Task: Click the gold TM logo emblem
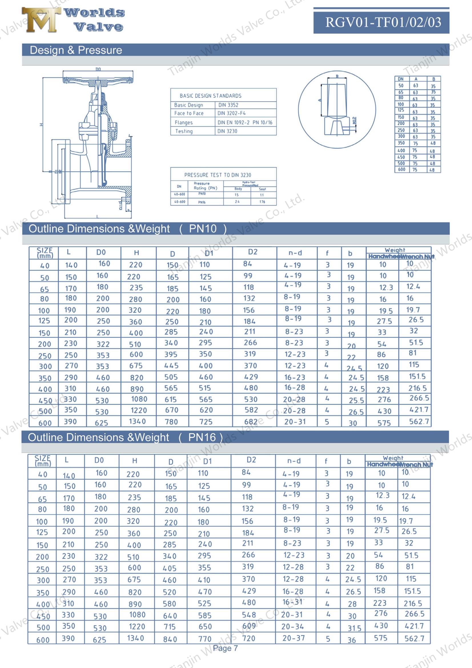click(41, 20)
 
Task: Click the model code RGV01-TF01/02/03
click(383, 22)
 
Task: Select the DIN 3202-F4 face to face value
click(232, 113)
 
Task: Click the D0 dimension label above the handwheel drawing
click(98, 69)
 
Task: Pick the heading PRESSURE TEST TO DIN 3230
click(218, 175)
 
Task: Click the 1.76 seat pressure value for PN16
click(262, 202)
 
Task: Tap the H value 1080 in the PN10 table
click(139, 399)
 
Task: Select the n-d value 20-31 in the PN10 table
click(295, 422)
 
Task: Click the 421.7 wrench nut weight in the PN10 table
click(419, 410)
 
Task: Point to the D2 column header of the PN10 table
click(252, 252)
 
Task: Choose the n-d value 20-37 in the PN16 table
click(294, 638)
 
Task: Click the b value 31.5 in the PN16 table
click(354, 628)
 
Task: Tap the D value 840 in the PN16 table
click(170, 639)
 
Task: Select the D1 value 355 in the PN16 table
click(204, 568)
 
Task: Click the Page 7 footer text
click(225, 649)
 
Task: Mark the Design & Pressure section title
click(76, 50)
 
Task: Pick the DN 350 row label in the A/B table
click(401, 143)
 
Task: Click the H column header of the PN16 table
click(134, 461)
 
